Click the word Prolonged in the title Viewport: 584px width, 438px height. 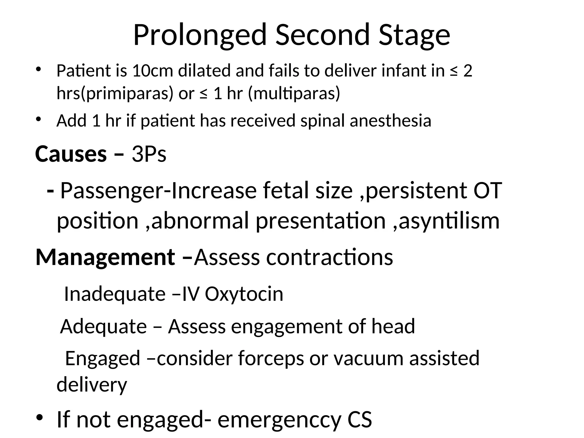pyautogui.click(x=199, y=35)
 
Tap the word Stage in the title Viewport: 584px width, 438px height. pyautogui.click(x=414, y=35)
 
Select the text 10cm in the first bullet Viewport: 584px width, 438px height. pyautogui.click(x=153, y=71)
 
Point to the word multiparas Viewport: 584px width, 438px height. pyautogui.click(x=294, y=93)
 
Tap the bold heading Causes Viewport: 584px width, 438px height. pyautogui.click(x=71, y=154)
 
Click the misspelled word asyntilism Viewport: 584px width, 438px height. pyautogui.click(x=449, y=221)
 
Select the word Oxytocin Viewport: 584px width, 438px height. pyautogui.click(x=244, y=294)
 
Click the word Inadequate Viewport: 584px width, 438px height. pyautogui.click(x=115, y=294)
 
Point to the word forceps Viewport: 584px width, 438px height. pyautogui.click(x=271, y=358)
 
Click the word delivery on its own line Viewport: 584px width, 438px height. pyautogui.click(x=92, y=385)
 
